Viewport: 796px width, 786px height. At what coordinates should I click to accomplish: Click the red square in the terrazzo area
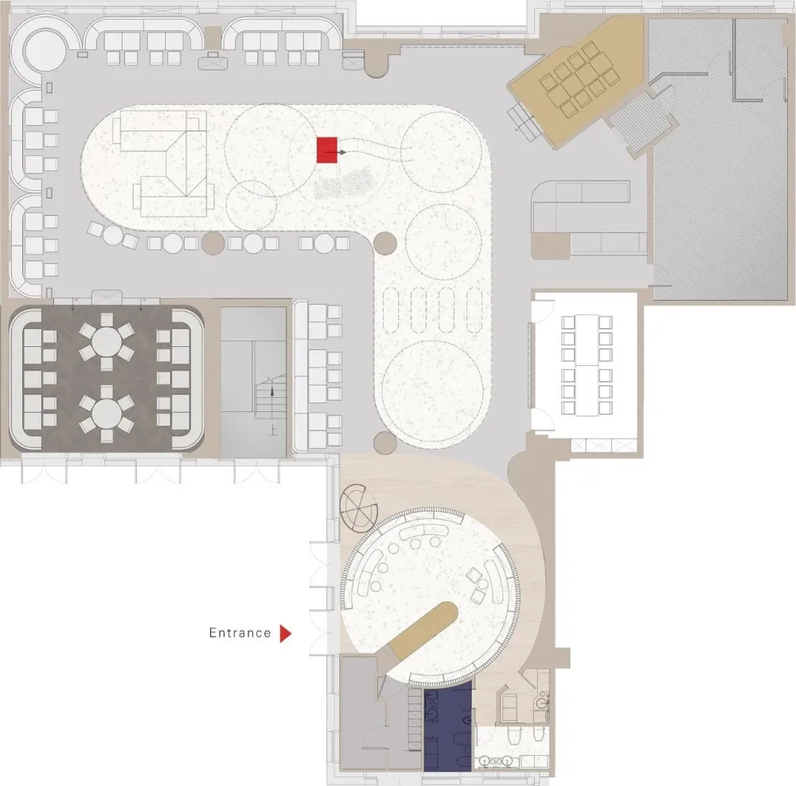click(327, 150)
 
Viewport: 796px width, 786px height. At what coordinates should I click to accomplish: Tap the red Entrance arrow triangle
click(286, 633)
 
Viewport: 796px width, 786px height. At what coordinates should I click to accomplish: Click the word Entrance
click(240, 632)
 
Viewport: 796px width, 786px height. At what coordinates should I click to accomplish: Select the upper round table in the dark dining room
click(107, 338)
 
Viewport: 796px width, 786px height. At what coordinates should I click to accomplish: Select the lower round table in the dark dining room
click(107, 411)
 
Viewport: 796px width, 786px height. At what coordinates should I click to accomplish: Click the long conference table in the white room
click(587, 365)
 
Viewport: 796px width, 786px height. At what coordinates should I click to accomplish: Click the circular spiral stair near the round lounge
click(359, 508)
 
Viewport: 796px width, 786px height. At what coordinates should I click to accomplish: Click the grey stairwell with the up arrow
click(253, 382)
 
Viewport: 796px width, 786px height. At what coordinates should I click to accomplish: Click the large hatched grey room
click(721, 158)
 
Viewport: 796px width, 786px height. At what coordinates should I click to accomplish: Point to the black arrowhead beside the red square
click(343, 152)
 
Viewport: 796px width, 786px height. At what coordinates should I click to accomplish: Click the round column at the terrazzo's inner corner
click(384, 243)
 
